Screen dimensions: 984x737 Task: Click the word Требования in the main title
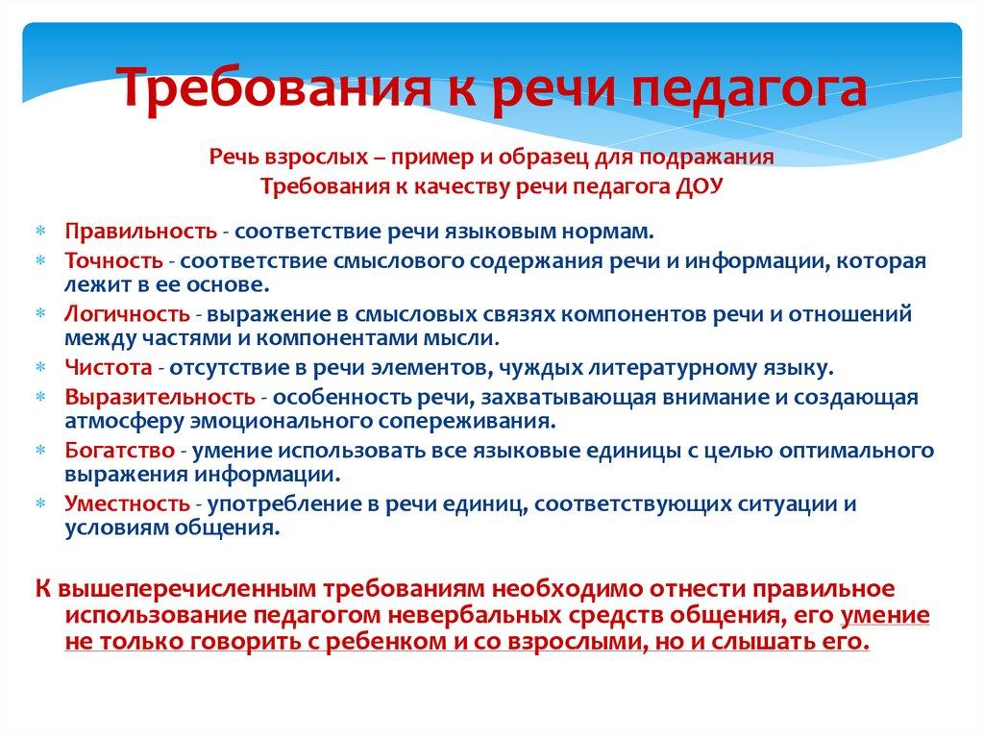(274, 86)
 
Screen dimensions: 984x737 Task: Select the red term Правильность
(141, 231)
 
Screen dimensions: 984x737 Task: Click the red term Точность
(113, 260)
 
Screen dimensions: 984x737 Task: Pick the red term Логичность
(127, 313)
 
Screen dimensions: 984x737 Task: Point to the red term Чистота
(109, 367)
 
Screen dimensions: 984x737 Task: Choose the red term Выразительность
(160, 397)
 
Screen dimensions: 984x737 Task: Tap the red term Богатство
(120, 450)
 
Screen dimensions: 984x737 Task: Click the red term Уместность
(127, 504)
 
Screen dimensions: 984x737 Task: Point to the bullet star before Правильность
(40, 232)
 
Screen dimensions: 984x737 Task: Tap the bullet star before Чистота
(40, 368)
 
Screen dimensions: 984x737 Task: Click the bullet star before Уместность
(40, 504)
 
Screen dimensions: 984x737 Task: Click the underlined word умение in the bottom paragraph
(885, 615)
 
